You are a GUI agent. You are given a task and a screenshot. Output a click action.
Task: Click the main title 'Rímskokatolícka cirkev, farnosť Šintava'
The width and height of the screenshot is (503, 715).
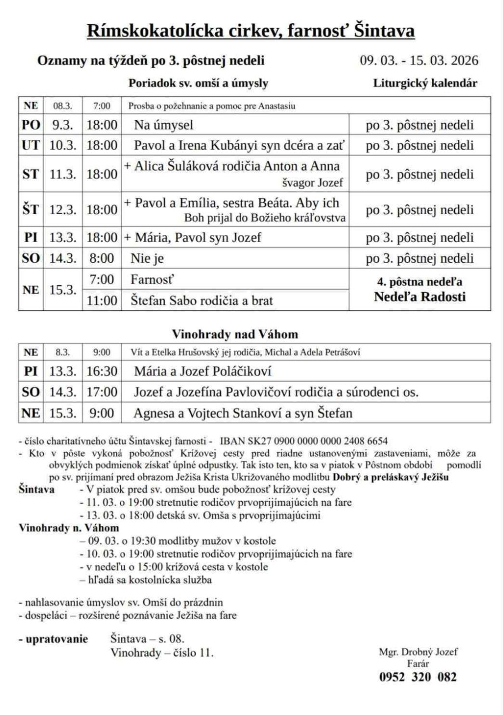[x=251, y=30]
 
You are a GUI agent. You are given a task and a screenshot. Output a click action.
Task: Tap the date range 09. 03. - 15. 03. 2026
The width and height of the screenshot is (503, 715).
[x=419, y=60]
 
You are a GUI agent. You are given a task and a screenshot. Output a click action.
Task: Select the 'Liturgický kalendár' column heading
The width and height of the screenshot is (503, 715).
[x=425, y=83]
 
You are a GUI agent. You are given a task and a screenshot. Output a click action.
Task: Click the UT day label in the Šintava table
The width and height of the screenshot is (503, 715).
[x=30, y=145]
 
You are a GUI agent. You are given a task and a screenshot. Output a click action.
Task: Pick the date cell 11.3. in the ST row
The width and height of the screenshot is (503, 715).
[x=62, y=174]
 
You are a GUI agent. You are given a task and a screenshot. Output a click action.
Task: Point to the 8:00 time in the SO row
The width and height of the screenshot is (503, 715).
[x=102, y=258]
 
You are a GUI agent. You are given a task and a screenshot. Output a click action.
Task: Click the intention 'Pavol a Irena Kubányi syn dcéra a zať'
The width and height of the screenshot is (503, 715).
[x=239, y=145]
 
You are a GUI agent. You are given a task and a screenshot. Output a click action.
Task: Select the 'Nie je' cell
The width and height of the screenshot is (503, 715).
[x=147, y=258]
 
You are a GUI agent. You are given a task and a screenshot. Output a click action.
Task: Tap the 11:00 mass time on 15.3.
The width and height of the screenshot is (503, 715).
[x=102, y=301]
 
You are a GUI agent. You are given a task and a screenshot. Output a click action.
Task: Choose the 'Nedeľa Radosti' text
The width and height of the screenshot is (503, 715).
[x=419, y=297]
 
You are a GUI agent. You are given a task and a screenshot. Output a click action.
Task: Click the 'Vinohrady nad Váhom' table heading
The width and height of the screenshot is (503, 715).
[x=235, y=334]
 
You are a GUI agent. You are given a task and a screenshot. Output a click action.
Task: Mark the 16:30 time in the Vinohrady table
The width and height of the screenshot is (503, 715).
[x=102, y=371]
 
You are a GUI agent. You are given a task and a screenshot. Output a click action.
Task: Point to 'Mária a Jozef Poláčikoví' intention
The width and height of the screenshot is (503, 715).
[x=202, y=371]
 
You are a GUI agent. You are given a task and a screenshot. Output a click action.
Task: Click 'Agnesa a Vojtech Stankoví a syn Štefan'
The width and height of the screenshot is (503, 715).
[x=243, y=413]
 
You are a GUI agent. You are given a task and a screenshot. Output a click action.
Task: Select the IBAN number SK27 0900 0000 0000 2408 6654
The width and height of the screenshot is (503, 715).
[x=304, y=441]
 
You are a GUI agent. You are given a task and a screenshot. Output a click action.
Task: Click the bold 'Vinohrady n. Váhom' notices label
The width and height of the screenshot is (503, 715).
[x=69, y=528]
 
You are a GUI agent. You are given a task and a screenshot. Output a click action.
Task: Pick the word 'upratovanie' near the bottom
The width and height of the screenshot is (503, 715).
[x=56, y=639]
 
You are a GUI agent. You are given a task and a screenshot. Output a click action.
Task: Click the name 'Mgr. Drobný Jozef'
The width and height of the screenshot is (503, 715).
[x=418, y=652]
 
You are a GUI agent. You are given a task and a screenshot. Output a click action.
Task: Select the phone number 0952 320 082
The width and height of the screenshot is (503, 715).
[x=418, y=677]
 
